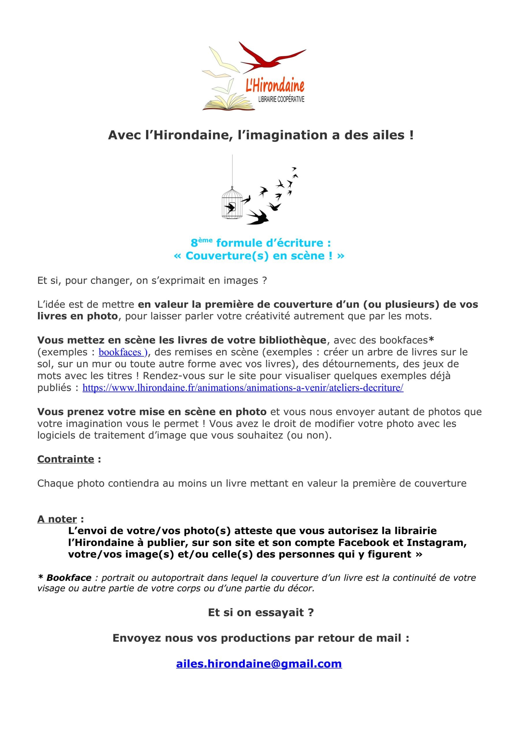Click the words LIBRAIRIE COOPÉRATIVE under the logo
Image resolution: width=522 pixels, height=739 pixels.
click(x=281, y=100)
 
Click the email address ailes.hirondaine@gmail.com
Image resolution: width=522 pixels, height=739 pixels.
click(x=259, y=664)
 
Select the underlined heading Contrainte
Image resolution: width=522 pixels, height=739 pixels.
click(x=66, y=459)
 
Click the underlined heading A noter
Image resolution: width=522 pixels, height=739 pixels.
click(x=57, y=519)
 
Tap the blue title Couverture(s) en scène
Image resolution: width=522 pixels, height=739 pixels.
click(x=259, y=255)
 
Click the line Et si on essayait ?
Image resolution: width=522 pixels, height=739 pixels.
click(x=261, y=612)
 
